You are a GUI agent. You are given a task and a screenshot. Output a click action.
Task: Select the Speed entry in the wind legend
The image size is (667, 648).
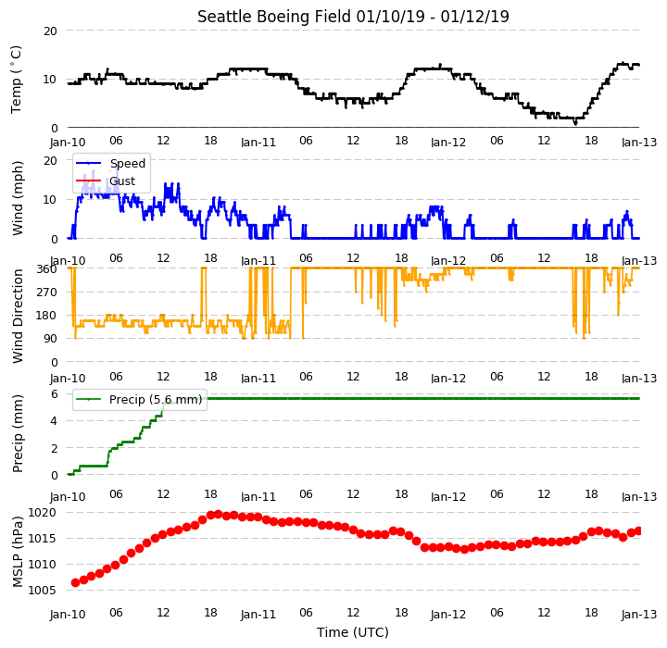click(128, 163)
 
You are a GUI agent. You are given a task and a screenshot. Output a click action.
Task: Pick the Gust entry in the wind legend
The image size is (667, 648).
click(122, 181)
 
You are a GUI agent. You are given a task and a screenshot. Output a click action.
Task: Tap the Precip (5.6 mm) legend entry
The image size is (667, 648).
click(156, 400)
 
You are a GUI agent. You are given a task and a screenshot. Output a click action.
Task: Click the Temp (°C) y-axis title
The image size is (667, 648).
click(16, 80)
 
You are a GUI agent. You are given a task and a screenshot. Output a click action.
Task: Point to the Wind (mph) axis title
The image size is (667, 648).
click(17, 199)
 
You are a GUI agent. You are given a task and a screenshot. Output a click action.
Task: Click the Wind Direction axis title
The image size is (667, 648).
click(18, 316)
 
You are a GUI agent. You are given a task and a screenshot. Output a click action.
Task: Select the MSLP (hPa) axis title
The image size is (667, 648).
click(18, 552)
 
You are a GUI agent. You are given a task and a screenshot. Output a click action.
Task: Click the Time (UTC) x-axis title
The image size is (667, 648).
click(353, 632)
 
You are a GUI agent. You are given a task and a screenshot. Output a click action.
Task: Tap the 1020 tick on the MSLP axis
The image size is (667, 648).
click(42, 512)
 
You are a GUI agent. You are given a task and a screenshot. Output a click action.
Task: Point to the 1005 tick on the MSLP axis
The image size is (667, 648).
click(42, 591)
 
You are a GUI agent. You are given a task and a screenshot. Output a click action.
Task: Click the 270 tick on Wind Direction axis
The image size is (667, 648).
click(47, 293)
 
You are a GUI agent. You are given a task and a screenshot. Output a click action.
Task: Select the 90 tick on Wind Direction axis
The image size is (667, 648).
click(51, 339)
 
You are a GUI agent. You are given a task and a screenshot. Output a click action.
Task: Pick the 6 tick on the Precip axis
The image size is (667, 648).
click(55, 394)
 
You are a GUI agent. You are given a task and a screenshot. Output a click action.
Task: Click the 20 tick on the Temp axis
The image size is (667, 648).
click(50, 31)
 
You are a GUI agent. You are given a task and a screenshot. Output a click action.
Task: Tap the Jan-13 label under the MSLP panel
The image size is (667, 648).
click(639, 615)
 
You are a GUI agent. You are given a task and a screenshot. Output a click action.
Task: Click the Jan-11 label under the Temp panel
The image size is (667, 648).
click(258, 142)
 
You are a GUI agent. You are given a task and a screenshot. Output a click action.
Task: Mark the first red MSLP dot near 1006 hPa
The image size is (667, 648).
click(75, 582)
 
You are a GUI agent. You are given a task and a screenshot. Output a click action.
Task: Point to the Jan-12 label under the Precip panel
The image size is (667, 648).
click(448, 496)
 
